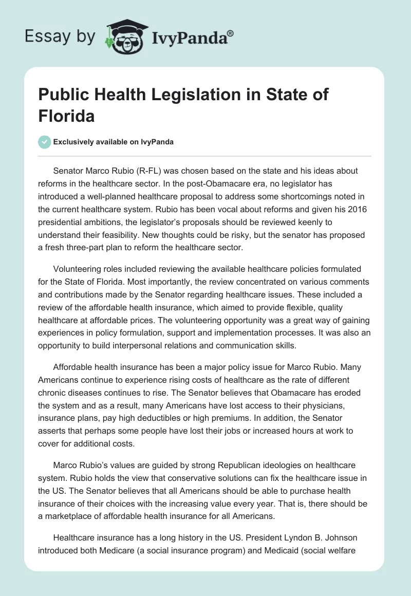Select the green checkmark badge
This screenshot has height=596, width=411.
[45, 142]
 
